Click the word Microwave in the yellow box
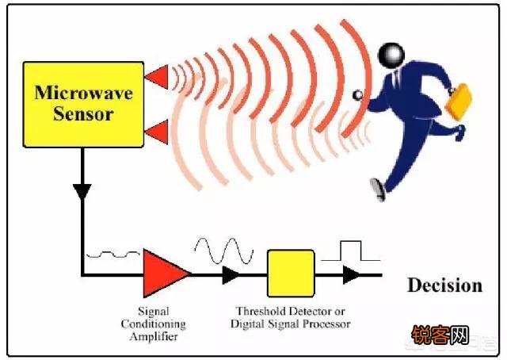pos(83,93)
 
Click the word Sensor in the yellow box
pos(83,114)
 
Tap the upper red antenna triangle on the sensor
pos(158,77)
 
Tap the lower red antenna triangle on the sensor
pos(158,132)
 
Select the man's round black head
pos(391,56)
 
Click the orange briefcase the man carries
pos(459,102)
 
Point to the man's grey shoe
pos(378,190)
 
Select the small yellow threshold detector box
pos(291,274)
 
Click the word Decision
pos(445,285)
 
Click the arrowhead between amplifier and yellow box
pos(231,275)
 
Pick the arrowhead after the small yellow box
pos(351,275)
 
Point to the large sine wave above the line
pos(224,251)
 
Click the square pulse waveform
pos(351,251)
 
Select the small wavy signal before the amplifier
pos(112,255)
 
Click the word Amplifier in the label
pos(154,336)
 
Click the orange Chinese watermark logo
pos(440,335)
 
